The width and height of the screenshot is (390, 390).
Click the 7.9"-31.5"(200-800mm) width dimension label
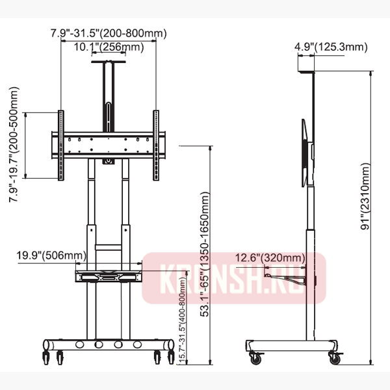tap(109, 33)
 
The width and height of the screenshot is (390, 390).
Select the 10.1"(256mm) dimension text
tap(109, 47)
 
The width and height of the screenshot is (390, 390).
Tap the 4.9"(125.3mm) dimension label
tap(331, 47)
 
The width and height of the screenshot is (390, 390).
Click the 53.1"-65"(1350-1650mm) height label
tap(205, 254)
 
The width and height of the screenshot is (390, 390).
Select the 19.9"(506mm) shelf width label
tap(51, 255)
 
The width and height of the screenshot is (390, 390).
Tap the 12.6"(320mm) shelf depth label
tap(270, 257)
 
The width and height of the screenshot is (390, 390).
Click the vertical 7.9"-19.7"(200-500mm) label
tap(14, 144)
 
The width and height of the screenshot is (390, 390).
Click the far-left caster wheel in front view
tap(46, 357)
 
